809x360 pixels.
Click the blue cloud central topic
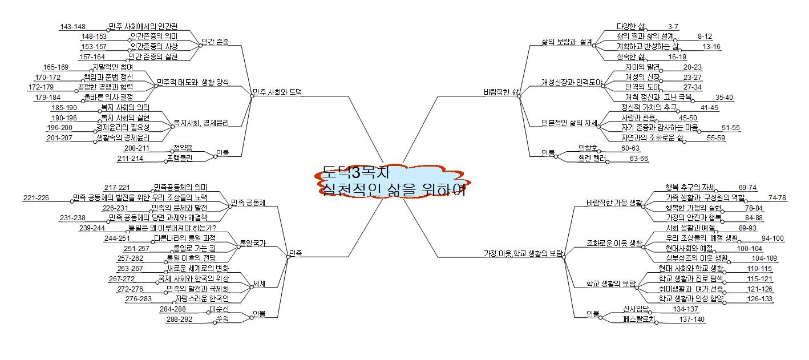click(393, 181)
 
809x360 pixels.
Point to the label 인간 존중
click(215, 42)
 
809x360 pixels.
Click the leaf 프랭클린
click(180, 158)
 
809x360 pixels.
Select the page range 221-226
click(36, 197)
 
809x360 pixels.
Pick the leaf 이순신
click(219, 309)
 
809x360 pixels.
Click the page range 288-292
click(179, 319)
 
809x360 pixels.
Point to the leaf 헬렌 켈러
click(591, 158)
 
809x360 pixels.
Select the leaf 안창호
click(588, 148)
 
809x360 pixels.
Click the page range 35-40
click(724, 97)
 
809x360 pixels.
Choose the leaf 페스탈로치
click(641, 319)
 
